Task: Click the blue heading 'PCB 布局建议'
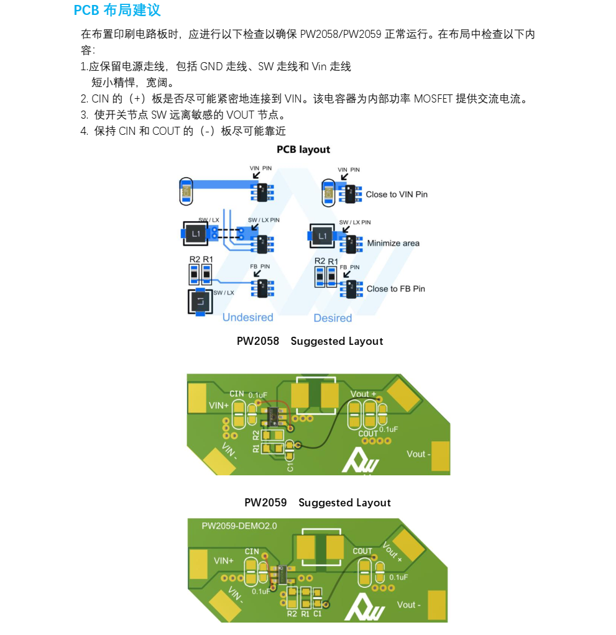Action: pyautogui.click(x=117, y=11)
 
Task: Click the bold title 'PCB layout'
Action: pyautogui.click(x=303, y=150)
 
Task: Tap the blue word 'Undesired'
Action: pyautogui.click(x=247, y=317)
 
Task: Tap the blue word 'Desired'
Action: pyautogui.click(x=333, y=318)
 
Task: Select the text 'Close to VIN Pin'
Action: pyautogui.click(x=397, y=194)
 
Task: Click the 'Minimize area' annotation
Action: pyautogui.click(x=393, y=243)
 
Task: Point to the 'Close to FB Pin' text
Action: pyautogui.click(x=395, y=289)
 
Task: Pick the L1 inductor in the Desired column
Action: pyautogui.click(x=322, y=236)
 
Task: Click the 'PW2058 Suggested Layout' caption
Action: pyautogui.click(x=310, y=341)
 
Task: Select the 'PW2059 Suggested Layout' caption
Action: pyautogui.click(x=317, y=503)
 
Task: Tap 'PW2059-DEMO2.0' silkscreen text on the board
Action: pyautogui.click(x=239, y=526)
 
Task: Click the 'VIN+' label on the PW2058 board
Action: pyautogui.click(x=219, y=404)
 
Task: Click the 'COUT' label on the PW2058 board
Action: pyautogui.click(x=368, y=433)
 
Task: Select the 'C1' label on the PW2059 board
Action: pyautogui.click(x=318, y=614)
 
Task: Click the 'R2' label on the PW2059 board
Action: pyautogui.click(x=292, y=614)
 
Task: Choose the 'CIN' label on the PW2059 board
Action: pyautogui.click(x=252, y=551)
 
